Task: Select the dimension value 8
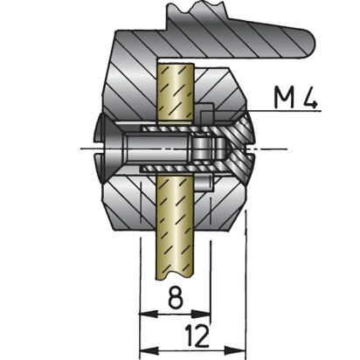(176, 297)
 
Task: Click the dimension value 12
(197, 336)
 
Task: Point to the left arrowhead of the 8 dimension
(148, 314)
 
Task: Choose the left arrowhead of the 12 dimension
(149, 350)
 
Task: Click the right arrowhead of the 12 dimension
(237, 350)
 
